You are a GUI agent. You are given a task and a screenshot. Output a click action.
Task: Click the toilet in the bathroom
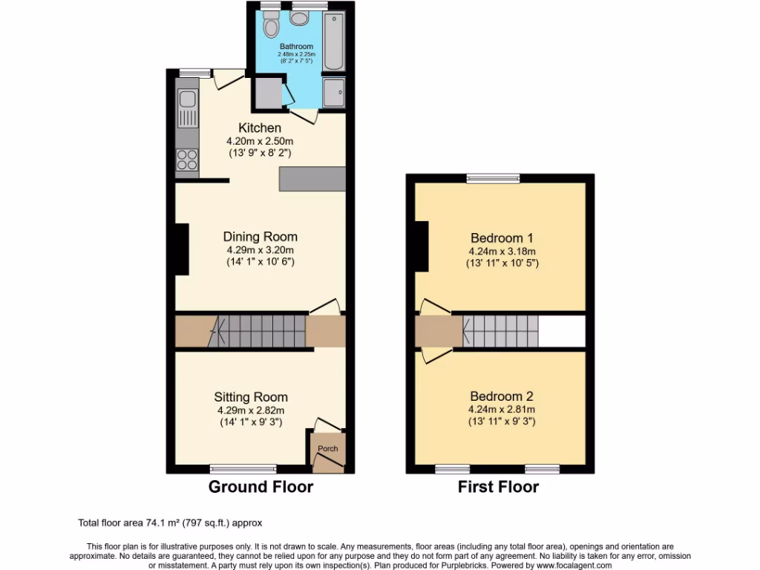tap(271, 27)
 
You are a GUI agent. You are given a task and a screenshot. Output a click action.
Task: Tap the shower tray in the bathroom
tap(334, 93)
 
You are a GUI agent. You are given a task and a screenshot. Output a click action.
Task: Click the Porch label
tap(327, 448)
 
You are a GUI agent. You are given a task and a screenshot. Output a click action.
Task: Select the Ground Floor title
tap(261, 487)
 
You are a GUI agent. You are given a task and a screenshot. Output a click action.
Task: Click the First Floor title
tap(498, 487)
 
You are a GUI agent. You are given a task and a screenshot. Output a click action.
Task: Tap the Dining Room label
tap(261, 237)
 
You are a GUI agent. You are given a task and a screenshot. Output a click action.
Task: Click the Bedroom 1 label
tap(502, 238)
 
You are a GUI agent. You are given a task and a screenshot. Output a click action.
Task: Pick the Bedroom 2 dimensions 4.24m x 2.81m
tap(502, 409)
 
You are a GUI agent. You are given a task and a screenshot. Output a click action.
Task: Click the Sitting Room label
tap(251, 397)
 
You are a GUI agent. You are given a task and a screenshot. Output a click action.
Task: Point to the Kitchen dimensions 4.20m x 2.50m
tap(260, 141)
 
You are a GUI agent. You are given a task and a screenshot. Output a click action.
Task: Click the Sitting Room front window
tap(243, 468)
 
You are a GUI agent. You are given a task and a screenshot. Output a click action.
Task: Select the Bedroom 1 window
tap(493, 177)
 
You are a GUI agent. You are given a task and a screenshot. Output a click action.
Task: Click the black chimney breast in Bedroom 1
tap(422, 247)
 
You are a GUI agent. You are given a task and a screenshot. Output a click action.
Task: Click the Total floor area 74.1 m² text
tap(170, 522)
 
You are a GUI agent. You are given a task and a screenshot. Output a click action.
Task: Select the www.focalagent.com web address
tap(565, 565)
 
